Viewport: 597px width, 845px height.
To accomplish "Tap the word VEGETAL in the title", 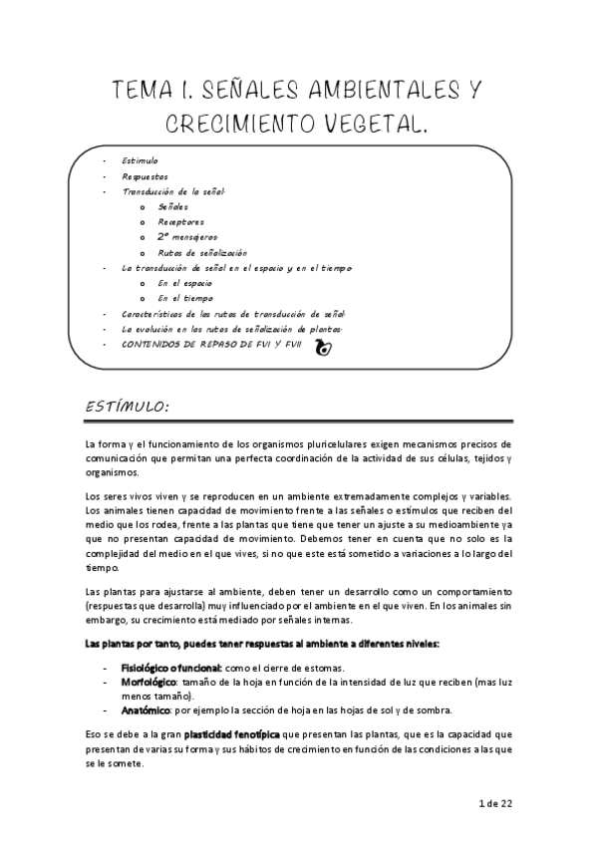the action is (372, 126).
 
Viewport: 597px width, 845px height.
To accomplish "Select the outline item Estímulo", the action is (140, 160).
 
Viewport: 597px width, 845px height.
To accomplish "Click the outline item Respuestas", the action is (146, 175).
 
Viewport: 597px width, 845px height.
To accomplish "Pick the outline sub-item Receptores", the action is (181, 221).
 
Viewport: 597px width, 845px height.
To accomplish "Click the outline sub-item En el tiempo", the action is (185, 298).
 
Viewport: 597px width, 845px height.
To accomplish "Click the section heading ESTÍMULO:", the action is (128, 407).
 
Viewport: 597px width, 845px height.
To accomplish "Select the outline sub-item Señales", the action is (173, 206).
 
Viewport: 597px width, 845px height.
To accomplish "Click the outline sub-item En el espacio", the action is (185, 283).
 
